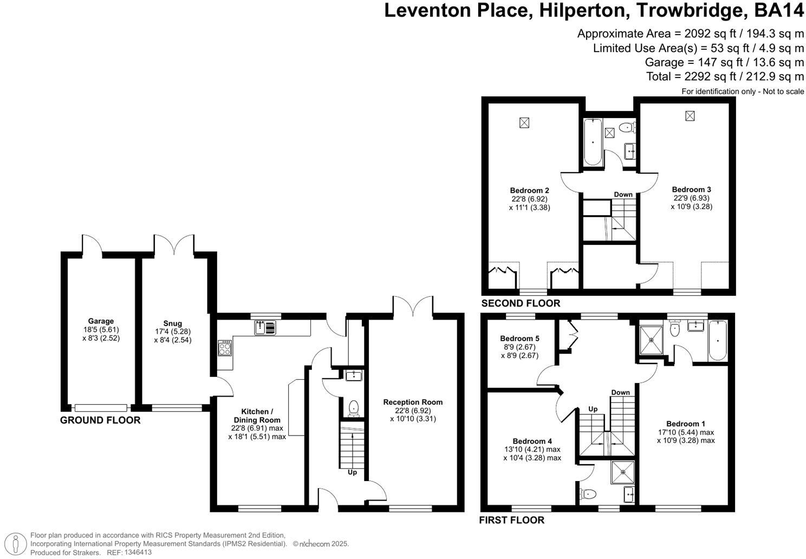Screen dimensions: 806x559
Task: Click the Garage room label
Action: point(101,321)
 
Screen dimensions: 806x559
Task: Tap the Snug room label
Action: point(172,323)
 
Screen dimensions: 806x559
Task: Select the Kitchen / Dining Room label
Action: point(257,415)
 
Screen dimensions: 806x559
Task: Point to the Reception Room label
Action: point(413,402)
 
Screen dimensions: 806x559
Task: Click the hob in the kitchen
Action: point(225,348)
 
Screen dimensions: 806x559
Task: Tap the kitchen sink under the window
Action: point(265,328)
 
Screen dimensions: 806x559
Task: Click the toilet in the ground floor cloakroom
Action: point(353,408)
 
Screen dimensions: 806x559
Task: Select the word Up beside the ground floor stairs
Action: point(352,472)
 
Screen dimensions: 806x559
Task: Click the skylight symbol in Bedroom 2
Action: point(524,123)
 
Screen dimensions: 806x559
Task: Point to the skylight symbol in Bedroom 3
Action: point(690,116)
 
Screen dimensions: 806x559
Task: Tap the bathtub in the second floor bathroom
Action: point(593,142)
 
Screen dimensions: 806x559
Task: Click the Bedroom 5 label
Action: point(519,339)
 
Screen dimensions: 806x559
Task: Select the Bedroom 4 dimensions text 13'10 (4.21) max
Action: point(532,449)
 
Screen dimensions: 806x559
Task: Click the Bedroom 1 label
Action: point(685,424)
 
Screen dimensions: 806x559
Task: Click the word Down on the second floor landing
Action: point(623,194)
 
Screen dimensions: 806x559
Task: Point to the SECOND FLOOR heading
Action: point(521,303)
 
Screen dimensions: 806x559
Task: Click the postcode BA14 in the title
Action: point(778,10)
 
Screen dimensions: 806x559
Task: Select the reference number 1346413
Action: point(138,552)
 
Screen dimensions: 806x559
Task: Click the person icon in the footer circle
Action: point(16,544)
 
